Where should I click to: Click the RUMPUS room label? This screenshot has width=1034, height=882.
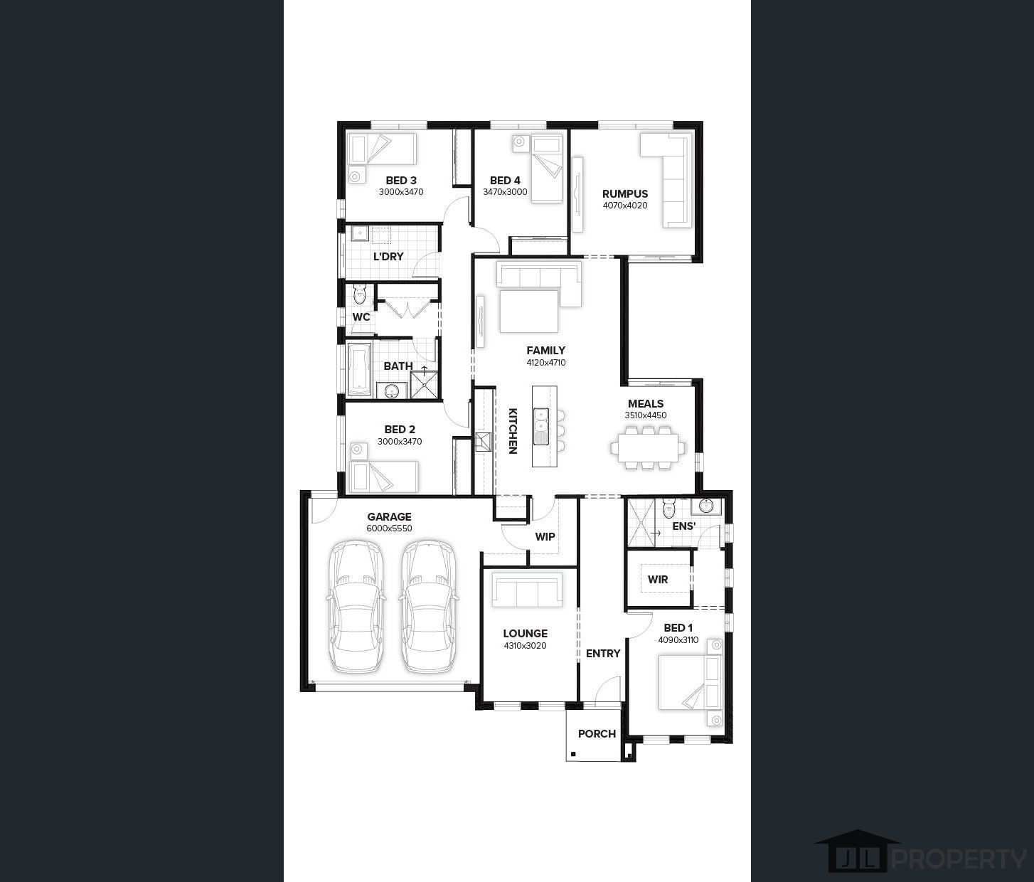625,193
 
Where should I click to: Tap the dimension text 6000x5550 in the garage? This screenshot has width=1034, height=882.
389,528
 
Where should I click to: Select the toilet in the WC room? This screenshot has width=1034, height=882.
359,294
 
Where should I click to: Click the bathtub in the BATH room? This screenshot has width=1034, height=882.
358,368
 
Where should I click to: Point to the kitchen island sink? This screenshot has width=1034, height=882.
540,426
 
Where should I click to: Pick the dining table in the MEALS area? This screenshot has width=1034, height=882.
649,447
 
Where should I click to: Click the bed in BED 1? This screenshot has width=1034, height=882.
691,682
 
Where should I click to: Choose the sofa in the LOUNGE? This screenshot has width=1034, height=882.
527,589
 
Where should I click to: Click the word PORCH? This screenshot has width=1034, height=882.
597,734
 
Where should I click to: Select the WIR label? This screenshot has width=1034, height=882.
657,579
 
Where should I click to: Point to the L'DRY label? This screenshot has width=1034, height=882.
388,257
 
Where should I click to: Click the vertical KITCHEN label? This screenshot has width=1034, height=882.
513,431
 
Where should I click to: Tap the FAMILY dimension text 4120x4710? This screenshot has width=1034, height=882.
545,362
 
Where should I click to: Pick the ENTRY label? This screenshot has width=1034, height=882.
603,654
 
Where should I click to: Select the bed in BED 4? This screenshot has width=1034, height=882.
547,169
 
